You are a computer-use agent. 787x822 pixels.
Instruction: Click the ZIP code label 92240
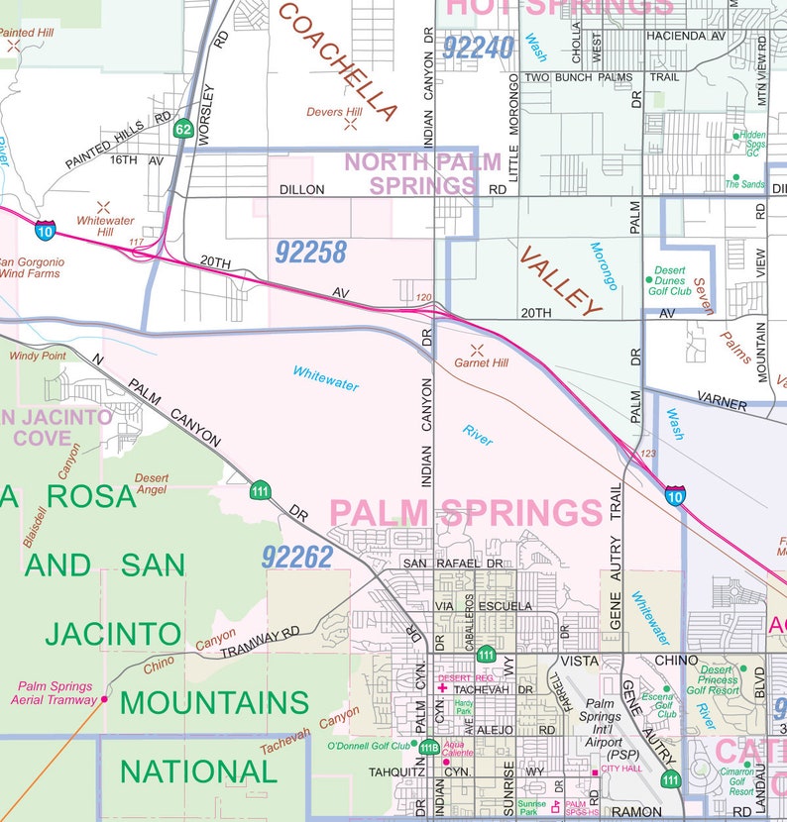[479, 48]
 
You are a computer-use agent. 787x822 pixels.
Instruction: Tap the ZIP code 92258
[310, 254]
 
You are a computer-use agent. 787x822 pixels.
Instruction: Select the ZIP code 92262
[297, 558]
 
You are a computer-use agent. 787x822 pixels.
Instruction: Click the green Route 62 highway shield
[182, 129]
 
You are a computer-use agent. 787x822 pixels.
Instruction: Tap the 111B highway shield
[428, 748]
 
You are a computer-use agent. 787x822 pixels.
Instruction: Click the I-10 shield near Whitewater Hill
[45, 230]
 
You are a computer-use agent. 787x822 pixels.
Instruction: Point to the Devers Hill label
[334, 113]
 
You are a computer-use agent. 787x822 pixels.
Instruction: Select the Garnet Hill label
[481, 363]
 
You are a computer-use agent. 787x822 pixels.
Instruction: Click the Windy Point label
[38, 356]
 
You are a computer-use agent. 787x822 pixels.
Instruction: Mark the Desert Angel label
[152, 483]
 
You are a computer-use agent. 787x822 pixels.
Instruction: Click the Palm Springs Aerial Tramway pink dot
[104, 699]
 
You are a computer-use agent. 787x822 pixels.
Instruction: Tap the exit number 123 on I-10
[648, 455]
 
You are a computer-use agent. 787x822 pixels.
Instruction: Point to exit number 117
[137, 243]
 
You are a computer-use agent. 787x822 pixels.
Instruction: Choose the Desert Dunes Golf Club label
[671, 281]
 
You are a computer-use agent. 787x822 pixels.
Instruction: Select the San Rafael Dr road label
[453, 564]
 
